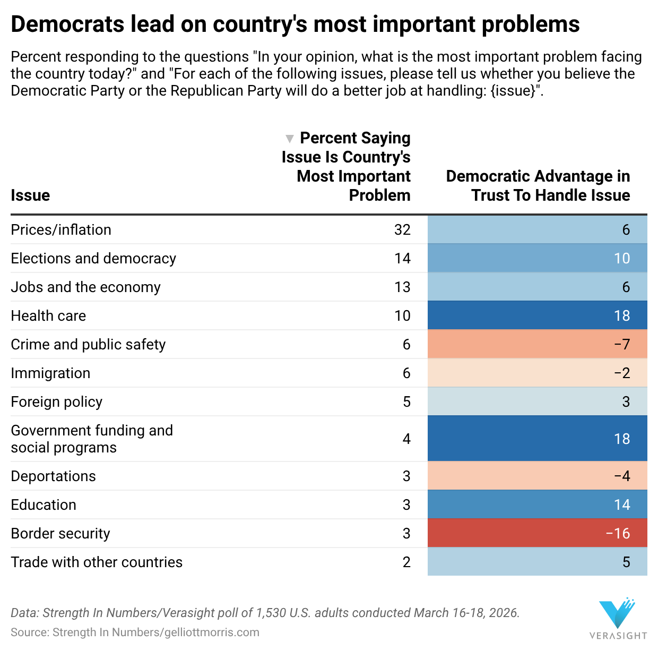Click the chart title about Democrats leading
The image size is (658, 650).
(295, 24)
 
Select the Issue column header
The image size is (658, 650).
(30, 195)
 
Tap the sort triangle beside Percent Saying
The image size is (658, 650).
(289, 139)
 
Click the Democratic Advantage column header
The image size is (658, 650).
(538, 185)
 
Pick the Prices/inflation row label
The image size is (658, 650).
(61, 229)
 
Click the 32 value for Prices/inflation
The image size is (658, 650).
(402, 229)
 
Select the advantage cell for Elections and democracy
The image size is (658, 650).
(537, 258)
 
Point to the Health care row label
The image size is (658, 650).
(48, 315)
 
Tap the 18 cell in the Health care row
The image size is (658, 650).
(537, 315)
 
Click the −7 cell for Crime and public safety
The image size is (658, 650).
(537, 344)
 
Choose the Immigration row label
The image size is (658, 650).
(50, 373)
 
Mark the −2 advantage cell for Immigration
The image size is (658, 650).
(537, 373)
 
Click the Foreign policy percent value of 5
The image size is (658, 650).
(406, 401)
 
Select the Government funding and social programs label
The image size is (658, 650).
(92, 439)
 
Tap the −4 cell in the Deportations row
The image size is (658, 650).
(537, 476)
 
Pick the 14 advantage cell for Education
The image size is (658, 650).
(537, 504)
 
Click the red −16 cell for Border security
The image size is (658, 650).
(537, 533)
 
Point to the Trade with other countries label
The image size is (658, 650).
(97, 562)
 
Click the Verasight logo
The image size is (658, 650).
(618, 619)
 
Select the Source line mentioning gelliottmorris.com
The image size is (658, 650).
(135, 632)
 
